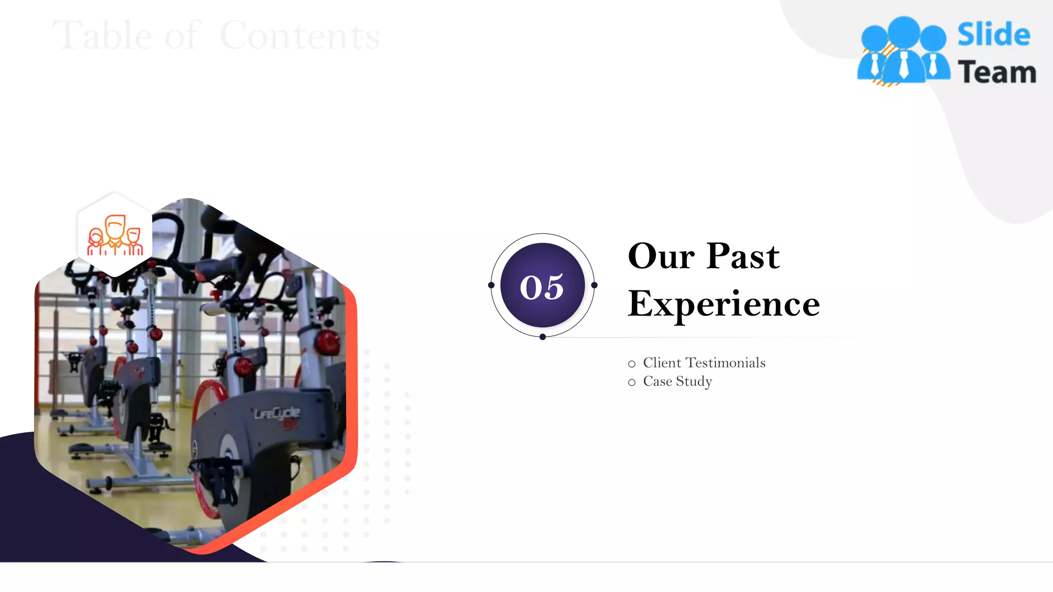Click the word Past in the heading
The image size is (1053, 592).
743,256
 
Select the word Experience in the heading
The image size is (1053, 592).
723,304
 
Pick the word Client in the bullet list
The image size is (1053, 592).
662,363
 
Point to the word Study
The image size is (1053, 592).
694,382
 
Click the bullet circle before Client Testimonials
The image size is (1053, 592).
632,364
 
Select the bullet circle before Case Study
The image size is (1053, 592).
632,383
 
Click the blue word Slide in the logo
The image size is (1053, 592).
993,35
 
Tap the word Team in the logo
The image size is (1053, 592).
997,72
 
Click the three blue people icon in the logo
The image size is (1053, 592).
903,51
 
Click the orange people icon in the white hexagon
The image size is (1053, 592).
115,236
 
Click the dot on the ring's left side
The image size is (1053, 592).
491,285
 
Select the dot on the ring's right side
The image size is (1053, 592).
594,285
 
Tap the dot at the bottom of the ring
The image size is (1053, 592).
542,337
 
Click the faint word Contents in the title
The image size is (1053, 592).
299,36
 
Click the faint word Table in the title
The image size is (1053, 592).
103,36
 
